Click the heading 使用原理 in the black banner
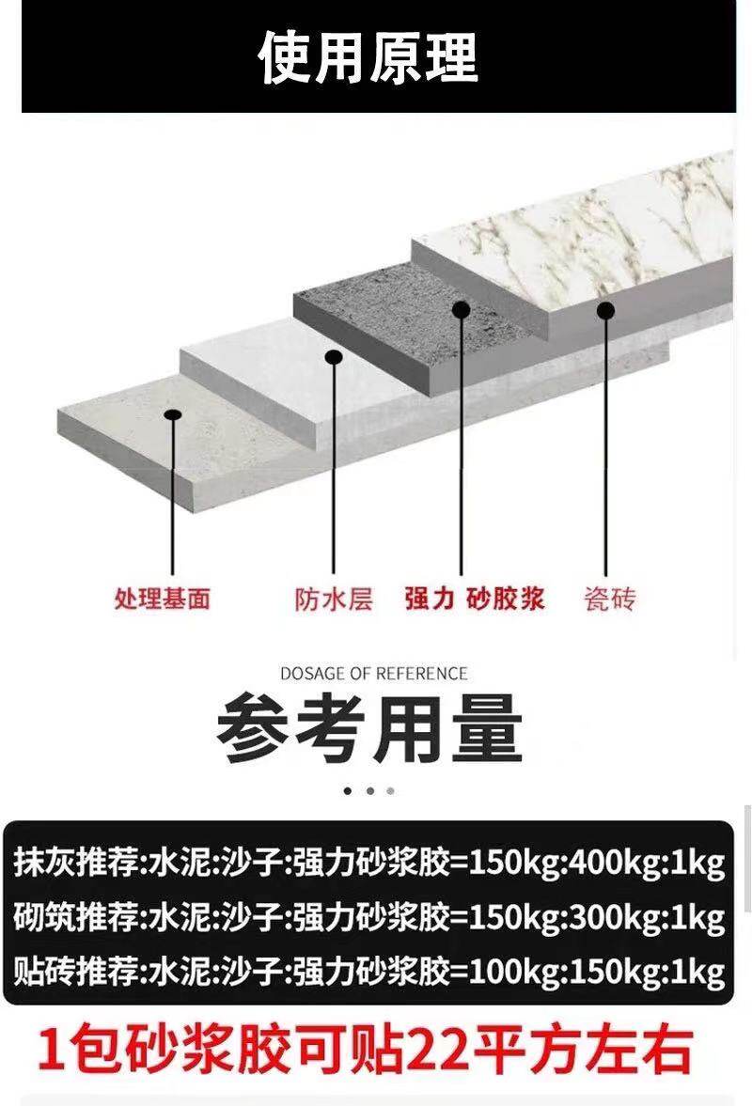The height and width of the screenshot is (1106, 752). (x=368, y=58)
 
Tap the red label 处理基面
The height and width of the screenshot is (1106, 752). (x=162, y=598)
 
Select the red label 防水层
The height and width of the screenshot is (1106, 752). (x=333, y=598)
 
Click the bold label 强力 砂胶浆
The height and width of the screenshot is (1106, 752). (x=475, y=598)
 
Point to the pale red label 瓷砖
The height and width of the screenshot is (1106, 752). (x=609, y=598)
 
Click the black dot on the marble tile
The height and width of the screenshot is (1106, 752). (x=605, y=310)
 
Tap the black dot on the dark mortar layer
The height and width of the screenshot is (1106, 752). (x=461, y=309)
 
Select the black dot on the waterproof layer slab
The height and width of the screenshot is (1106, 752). (x=333, y=357)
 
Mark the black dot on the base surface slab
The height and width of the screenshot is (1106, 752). (x=171, y=414)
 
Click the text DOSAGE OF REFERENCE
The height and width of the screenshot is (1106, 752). (x=373, y=673)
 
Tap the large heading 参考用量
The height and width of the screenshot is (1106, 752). (x=368, y=730)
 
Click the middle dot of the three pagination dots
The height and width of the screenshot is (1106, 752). (x=369, y=791)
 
